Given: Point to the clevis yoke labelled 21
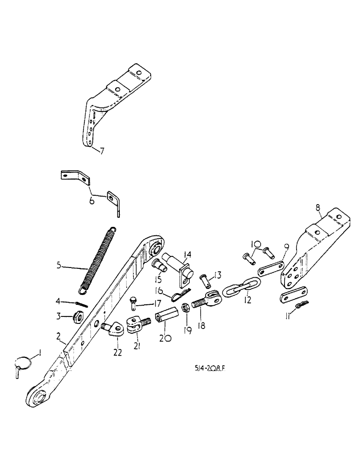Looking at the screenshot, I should pos(136,326).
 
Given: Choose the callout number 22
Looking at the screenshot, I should pos(117,353).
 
